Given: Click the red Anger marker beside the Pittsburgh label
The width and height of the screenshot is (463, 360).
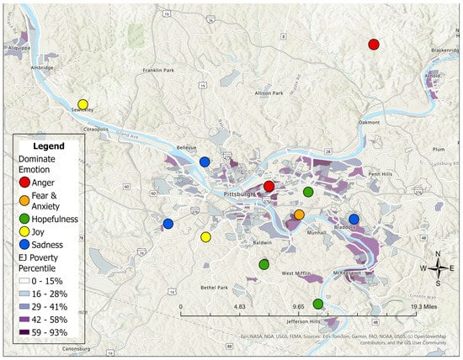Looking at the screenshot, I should point(269,186).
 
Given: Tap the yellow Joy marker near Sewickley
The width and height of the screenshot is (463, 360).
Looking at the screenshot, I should point(82,104).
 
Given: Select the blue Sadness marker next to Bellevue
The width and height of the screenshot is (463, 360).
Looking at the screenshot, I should point(205,161).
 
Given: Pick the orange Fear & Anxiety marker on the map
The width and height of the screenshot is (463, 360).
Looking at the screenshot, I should point(299,214).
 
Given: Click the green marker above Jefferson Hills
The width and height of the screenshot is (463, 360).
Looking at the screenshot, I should point(317,304).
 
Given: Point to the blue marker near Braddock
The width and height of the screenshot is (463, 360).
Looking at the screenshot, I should point(354,219).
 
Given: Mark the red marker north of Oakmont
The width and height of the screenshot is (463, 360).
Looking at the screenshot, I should point(374,44).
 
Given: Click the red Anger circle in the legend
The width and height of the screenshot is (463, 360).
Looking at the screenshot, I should point(25,182).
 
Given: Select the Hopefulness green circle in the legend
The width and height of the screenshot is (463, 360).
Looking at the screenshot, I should point(25,219).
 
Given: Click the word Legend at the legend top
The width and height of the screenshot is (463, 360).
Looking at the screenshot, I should point(46,146).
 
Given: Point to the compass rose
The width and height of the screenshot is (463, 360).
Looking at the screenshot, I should point(438,268).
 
